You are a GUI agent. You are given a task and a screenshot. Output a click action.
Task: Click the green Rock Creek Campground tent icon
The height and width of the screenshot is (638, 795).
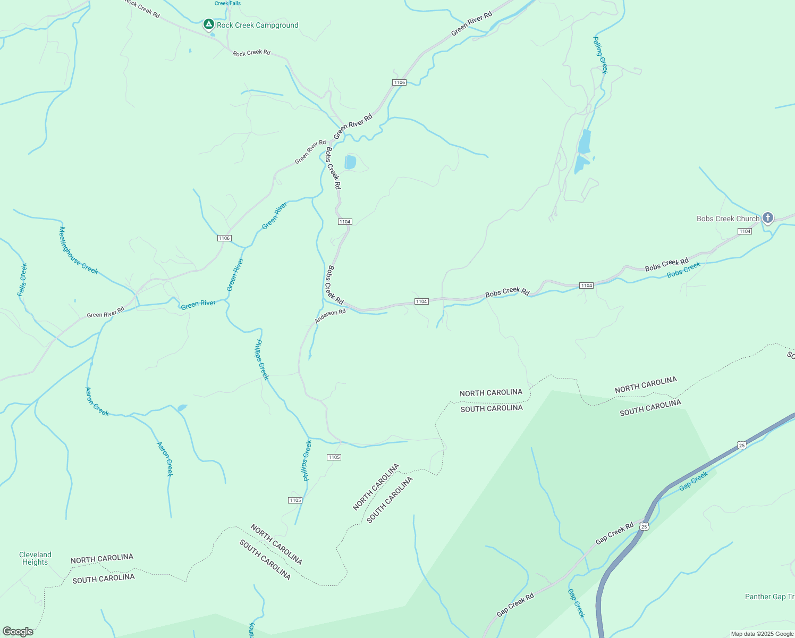click(x=209, y=24)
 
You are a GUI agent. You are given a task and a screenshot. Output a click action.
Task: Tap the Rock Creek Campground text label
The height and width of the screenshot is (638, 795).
click(x=258, y=25)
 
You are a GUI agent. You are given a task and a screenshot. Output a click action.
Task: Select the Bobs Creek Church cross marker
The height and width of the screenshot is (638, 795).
click(x=767, y=217)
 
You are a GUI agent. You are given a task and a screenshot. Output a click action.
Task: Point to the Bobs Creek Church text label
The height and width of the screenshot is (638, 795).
click(x=728, y=219)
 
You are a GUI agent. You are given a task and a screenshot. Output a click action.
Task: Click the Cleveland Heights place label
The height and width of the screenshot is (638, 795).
click(x=35, y=558)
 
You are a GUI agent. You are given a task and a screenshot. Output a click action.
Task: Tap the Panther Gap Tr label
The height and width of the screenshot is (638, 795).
click(x=769, y=597)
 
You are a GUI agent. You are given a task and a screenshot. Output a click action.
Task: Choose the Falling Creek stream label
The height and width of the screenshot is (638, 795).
click(x=601, y=55)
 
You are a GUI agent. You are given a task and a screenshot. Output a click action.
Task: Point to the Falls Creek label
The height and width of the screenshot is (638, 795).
click(x=22, y=280)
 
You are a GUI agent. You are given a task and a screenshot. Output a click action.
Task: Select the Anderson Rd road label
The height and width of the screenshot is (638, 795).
click(x=330, y=316)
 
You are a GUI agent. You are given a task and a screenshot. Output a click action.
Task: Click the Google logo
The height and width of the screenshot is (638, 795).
click(x=18, y=632)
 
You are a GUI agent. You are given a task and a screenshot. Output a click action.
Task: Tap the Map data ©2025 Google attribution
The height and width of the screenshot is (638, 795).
click(x=762, y=634)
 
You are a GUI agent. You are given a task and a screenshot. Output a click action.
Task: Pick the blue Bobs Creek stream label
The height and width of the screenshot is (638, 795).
click(x=683, y=270)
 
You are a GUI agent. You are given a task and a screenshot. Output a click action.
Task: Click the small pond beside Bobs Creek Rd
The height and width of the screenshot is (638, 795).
click(x=350, y=162)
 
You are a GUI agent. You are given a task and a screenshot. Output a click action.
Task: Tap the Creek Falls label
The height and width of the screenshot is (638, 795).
click(x=227, y=3)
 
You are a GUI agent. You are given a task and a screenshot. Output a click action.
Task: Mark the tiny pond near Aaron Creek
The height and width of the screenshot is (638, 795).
click(x=182, y=408)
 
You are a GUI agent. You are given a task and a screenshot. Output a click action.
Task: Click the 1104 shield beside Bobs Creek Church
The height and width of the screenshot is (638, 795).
click(x=745, y=231)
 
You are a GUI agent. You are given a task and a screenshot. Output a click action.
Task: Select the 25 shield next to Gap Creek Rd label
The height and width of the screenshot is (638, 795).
click(x=644, y=526)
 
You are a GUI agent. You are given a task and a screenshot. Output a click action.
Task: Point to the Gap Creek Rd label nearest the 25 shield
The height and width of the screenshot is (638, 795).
click(x=614, y=533)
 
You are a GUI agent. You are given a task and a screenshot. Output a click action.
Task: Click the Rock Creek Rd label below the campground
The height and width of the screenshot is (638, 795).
click(x=251, y=53)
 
